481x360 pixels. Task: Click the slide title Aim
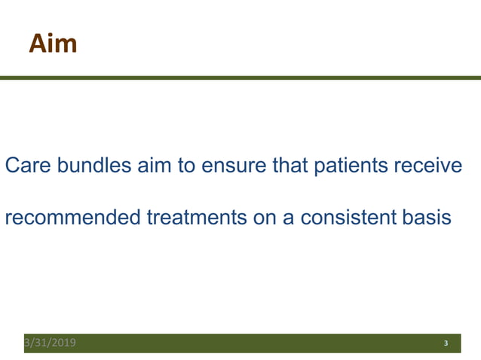tap(53, 44)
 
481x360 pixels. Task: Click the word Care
tap(26, 166)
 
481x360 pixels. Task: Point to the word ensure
tap(234, 166)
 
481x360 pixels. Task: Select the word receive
tap(428, 166)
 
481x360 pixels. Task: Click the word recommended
tap(72, 218)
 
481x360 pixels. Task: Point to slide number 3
tap(446, 343)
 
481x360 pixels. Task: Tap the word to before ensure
tap(186, 166)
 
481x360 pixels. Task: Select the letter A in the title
tap(38, 44)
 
